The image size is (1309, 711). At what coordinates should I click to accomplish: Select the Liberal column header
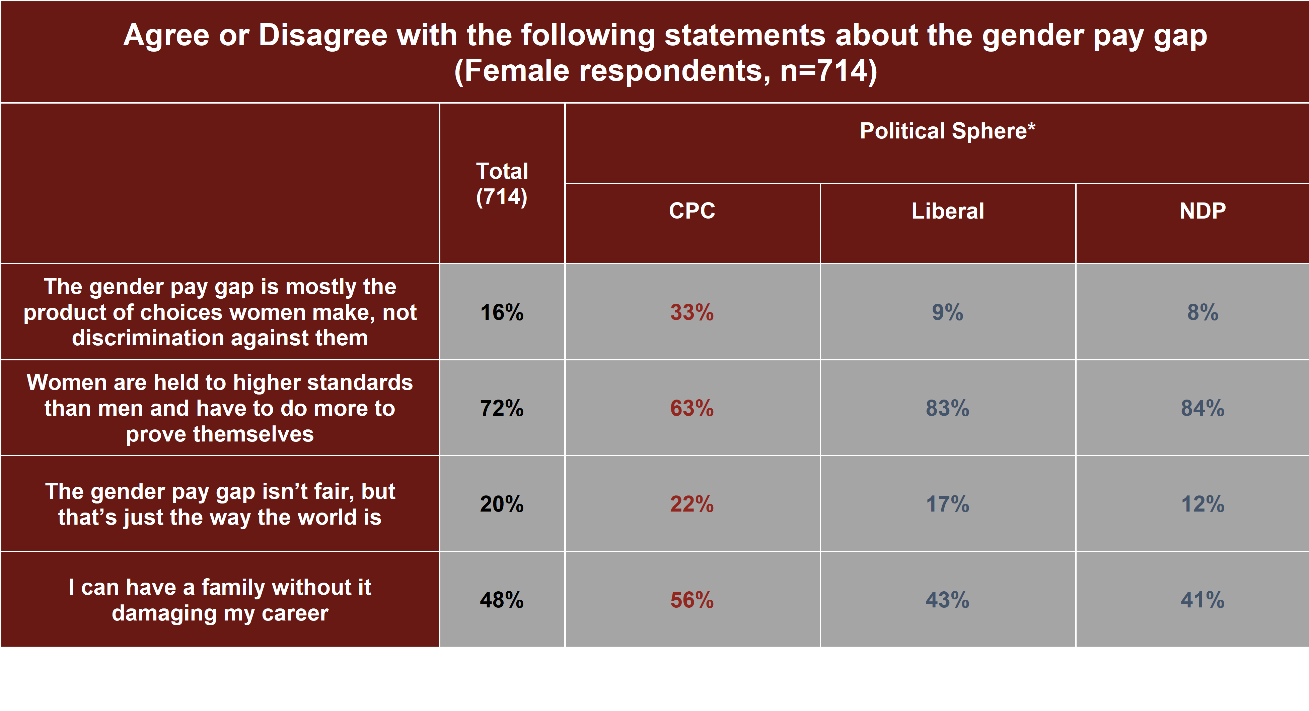point(947,211)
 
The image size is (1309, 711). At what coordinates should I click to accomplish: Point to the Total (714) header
point(502,184)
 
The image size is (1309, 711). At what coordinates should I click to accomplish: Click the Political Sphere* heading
point(947,131)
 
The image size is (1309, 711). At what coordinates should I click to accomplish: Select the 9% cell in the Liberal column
point(947,312)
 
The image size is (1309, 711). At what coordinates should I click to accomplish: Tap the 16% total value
point(502,312)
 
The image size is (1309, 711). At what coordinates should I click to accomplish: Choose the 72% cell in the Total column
point(502,408)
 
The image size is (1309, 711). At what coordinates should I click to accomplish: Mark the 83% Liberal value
point(947,408)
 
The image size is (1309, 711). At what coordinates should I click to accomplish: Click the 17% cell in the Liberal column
point(947,504)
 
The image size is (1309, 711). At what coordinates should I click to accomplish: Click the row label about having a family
point(220,600)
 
